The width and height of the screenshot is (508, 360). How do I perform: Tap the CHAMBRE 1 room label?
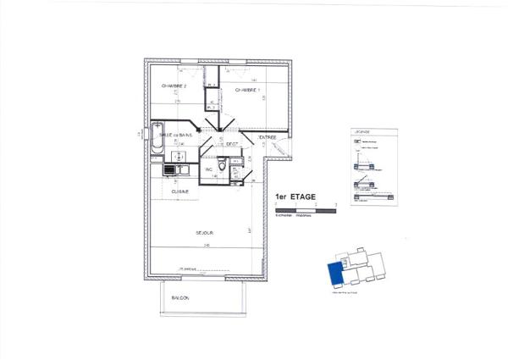point(247,90)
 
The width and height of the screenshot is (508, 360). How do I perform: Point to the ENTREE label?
point(268,137)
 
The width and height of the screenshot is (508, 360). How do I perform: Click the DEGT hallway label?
point(231,145)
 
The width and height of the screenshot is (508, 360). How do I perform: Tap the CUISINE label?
point(180,191)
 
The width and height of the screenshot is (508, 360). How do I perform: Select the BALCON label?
point(179,298)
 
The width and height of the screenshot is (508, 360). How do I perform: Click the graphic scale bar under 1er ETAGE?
point(305,208)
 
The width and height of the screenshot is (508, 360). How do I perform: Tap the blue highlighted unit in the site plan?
point(336,274)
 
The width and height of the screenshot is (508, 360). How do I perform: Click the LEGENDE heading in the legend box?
point(362,133)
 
